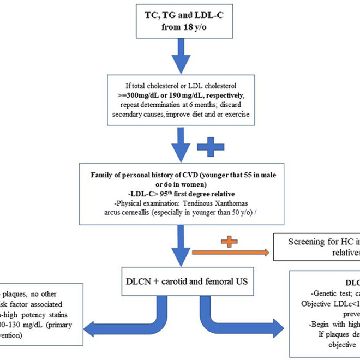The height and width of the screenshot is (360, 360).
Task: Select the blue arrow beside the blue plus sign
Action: tap(179, 143)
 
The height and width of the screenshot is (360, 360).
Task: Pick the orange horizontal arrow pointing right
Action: tap(229, 253)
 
